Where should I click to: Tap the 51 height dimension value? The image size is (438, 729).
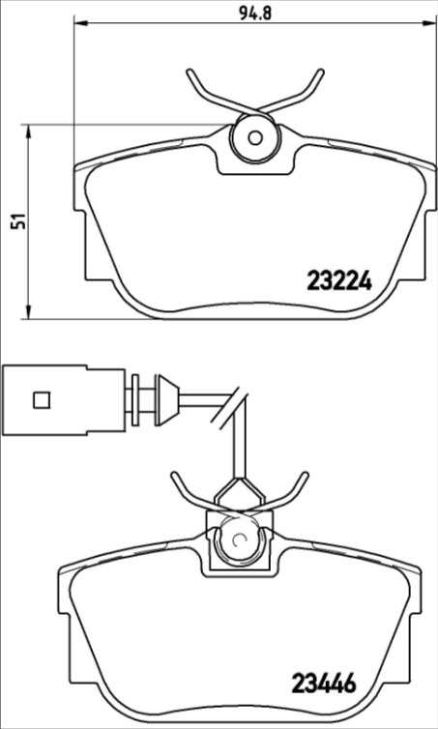tap(15, 221)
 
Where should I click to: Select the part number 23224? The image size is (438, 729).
tap(338, 281)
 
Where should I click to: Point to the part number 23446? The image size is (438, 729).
tap(325, 685)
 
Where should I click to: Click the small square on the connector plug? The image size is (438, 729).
tap(41, 398)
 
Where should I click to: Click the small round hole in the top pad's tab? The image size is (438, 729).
tap(255, 136)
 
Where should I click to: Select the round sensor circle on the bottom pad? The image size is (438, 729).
tap(236, 540)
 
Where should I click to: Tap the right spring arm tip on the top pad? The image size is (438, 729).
tap(318, 73)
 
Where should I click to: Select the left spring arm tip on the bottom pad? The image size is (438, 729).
tap(174, 476)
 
